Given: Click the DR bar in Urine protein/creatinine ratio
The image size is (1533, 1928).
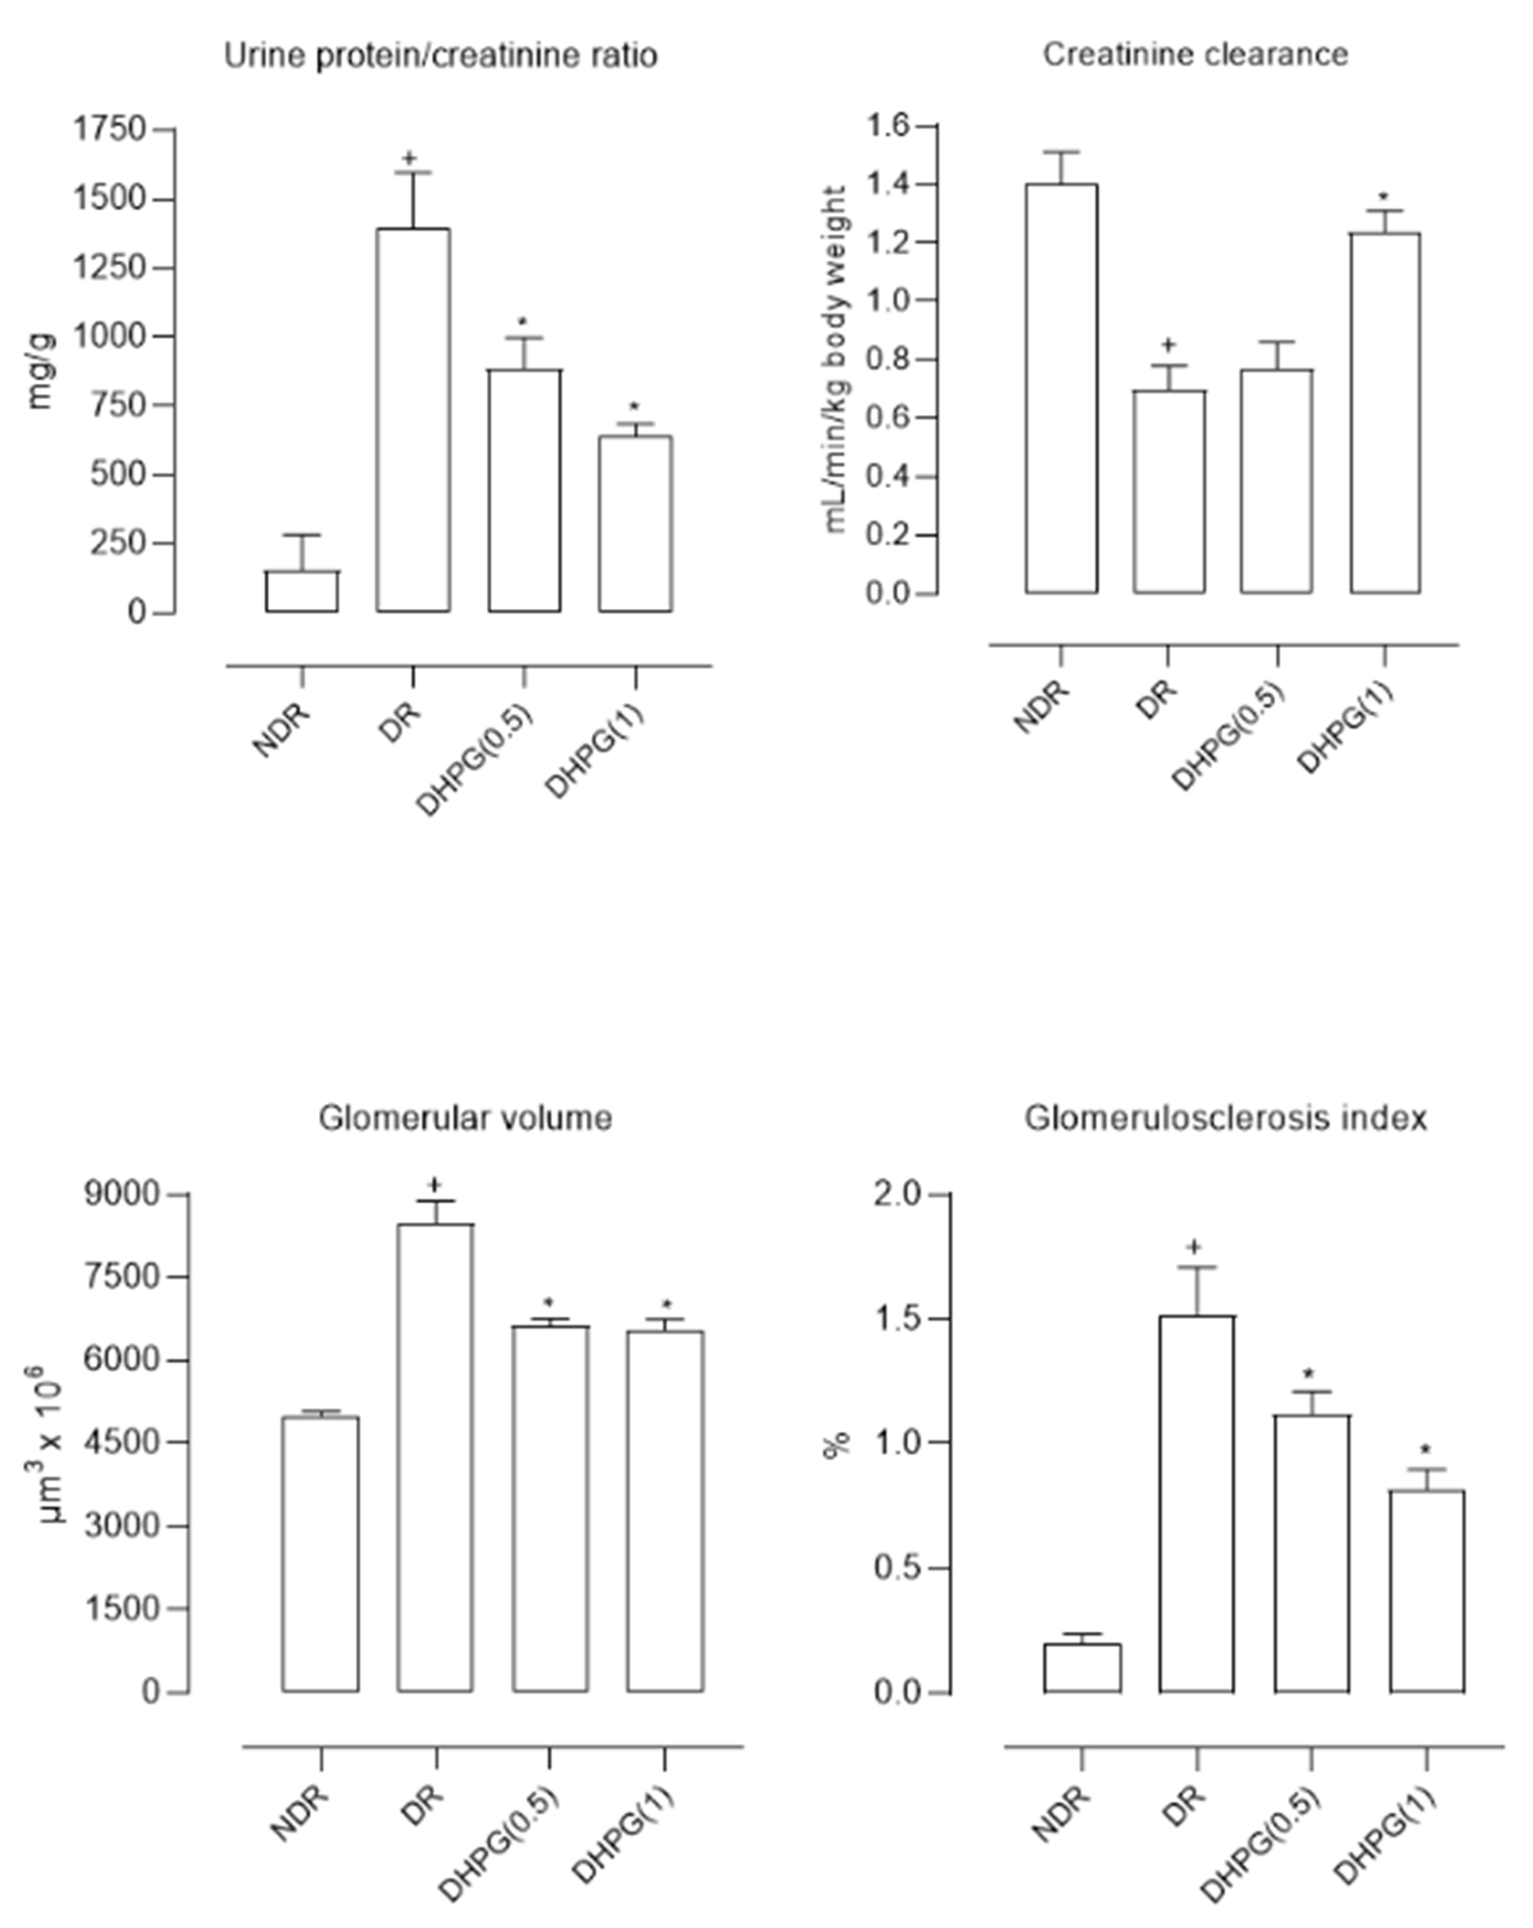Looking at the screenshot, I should [413, 420].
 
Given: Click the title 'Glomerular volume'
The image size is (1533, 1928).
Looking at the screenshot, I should [465, 1118].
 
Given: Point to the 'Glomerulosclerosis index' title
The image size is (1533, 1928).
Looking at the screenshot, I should [1224, 1118].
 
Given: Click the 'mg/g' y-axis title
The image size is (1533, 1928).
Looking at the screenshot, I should [40, 371].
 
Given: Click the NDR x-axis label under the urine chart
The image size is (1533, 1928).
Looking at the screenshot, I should [281, 729].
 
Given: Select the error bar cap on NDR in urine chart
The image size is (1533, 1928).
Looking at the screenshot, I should [302, 536].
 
